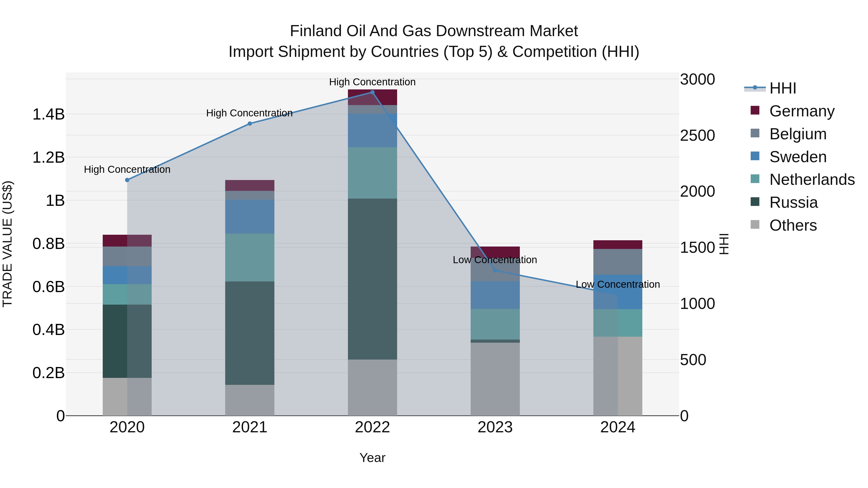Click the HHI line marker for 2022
tap(372, 92)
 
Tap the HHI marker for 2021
tap(250, 124)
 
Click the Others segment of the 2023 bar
tap(495, 379)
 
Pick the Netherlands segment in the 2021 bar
tap(250, 257)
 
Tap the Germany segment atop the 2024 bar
tap(618, 245)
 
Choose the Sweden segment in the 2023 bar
tap(495, 295)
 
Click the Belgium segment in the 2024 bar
tap(618, 262)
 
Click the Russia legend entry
tap(793, 202)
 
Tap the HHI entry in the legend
tap(782, 88)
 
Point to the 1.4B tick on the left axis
tap(48, 114)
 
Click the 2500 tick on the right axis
tap(697, 135)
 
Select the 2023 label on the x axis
tap(495, 427)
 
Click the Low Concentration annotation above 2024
tap(618, 284)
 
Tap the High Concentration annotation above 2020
tap(127, 169)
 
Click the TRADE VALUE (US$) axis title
tap(7, 244)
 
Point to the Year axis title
tap(372, 458)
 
